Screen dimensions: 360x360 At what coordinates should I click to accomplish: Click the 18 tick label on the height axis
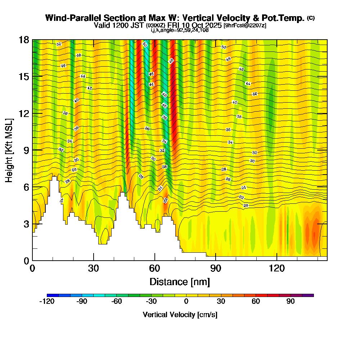click(x=24, y=40)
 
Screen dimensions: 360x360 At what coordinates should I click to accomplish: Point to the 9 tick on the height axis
click(x=33, y=150)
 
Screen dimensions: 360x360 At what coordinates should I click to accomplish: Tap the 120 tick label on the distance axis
click(x=276, y=269)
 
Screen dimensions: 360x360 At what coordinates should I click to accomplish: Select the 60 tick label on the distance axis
click(x=154, y=269)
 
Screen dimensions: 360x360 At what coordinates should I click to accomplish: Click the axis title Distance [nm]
click(x=180, y=281)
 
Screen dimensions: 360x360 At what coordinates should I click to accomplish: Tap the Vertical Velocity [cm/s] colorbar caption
click(x=180, y=315)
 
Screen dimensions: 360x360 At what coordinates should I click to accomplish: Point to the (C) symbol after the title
click(x=311, y=18)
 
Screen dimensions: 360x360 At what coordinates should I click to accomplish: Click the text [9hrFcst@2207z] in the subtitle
click(x=245, y=25)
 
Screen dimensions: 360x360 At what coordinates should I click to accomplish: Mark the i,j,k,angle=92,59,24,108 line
click(x=180, y=30)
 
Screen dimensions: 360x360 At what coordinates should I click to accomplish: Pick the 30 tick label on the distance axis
click(x=93, y=269)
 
